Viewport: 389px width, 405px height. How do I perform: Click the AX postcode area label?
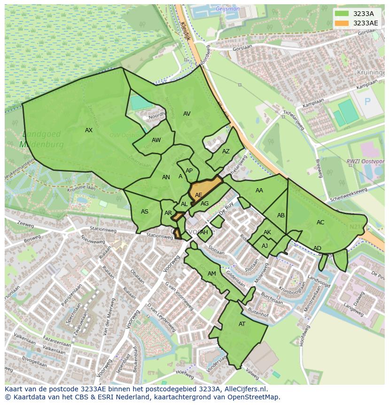pyautogui.click(x=89, y=130)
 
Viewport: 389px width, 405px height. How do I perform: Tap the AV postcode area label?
pyautogui.click(x=187, y=114)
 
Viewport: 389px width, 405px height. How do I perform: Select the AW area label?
pyautogui.click(x=156, y=140)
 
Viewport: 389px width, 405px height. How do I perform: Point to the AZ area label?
pyautogui.click(x=226, y=151)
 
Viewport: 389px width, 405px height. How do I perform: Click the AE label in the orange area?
pyautogui.click(x=199, y=195)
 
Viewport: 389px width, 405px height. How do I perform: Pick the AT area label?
pyautogui.click(x=242, y=324)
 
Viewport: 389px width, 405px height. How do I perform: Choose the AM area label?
pyautogui.click(x=212, y=274)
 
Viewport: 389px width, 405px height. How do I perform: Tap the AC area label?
pyautogui.click(x=320, y=222)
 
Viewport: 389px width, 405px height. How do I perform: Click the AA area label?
pyautogui.click(x=259, y=191)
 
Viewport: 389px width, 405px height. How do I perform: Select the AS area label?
pyautogui.click(x=145, y=212)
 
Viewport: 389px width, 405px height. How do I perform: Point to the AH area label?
pyautogui.click(x=204, y=232)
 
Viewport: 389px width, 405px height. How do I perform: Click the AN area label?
pyautogui.click(x=166, y=177)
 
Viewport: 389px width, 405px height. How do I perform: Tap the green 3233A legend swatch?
pyautogui.click(x=342, y=14)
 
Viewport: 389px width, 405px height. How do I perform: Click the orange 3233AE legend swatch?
pyautogui.click(x=342, y=23)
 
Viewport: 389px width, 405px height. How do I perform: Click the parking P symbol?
pyautogui.click(x=367, y=102)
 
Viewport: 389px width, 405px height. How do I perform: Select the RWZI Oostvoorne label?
pyautogui.click(x=365, y=161)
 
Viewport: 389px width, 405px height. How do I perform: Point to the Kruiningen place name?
pyautogui.click(x=371, y=73)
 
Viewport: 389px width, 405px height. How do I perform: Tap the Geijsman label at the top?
pyautogui.click(x=228, y=9)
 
